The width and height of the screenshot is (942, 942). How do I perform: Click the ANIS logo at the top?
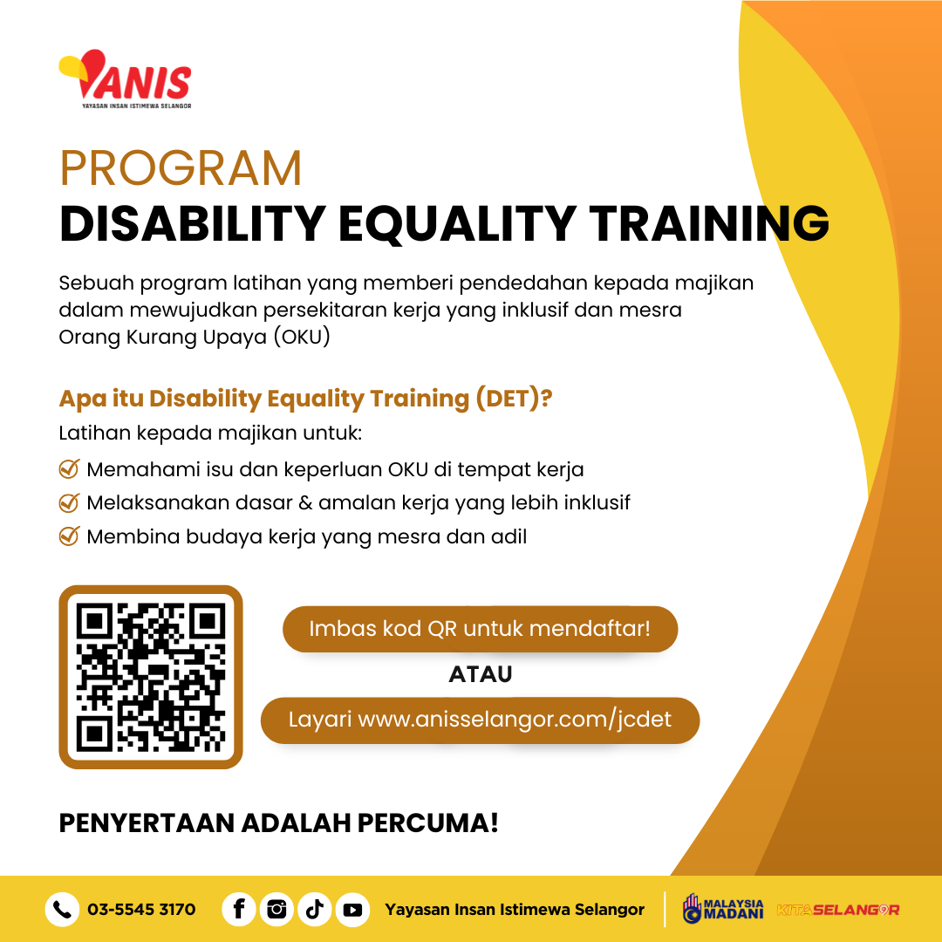point(125,78)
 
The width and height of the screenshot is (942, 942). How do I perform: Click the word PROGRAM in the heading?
point(181,168)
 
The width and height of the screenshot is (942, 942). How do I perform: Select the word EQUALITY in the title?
point(457,224)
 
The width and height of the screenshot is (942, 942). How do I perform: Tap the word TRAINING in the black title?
point(709,223)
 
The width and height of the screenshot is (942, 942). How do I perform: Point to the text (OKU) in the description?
point(302,337)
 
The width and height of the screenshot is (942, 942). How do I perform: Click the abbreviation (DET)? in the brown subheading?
point(514,399)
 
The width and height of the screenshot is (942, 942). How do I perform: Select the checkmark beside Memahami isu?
point(70,468)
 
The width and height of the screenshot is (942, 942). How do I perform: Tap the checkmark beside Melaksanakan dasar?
point(70,502)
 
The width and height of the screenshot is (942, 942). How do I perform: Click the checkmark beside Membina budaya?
point(70,536)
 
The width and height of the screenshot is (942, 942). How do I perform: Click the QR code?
point(151,677)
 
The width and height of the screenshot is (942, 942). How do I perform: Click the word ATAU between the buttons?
point(480,674)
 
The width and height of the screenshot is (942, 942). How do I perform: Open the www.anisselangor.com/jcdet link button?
point(480,720)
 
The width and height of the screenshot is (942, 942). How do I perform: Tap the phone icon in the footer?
point(63,910)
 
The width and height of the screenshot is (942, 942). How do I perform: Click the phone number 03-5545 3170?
point(142,910)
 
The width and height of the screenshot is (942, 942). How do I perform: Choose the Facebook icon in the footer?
point(239,910)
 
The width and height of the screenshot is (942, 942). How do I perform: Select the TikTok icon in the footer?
point(315,910)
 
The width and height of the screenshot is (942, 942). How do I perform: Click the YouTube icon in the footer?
point(352,910)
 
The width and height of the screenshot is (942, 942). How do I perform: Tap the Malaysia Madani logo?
point(723,908)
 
